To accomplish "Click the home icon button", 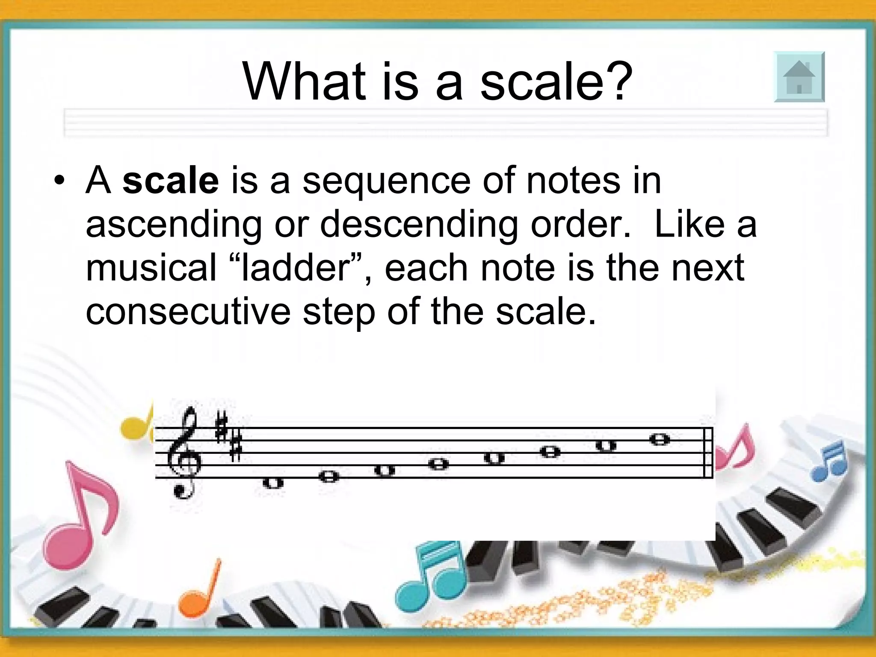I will [799, 77].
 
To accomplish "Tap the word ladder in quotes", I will [296, 268].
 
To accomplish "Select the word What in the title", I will [304, 81].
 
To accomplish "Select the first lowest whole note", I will [273, 483].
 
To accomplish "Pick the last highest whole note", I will [659, 439].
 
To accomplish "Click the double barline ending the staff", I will [708, 453].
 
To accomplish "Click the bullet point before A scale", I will [59, 181].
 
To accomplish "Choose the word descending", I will [419, 225].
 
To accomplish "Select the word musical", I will [151, 268].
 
